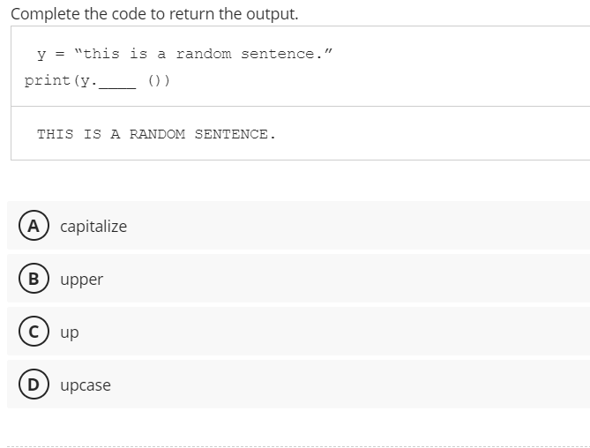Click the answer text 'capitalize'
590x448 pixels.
coord(93,227)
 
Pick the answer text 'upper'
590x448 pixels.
coord(82,280)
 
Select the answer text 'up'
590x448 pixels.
coord(70,332)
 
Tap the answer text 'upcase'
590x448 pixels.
coord(86,385)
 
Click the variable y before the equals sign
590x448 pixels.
coord(41,55)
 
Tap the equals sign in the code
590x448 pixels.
coord(60,54)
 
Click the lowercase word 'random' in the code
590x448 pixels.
coord(204,54)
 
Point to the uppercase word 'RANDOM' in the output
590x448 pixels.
coord(157,134)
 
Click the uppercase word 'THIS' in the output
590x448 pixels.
coord(56,134)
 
